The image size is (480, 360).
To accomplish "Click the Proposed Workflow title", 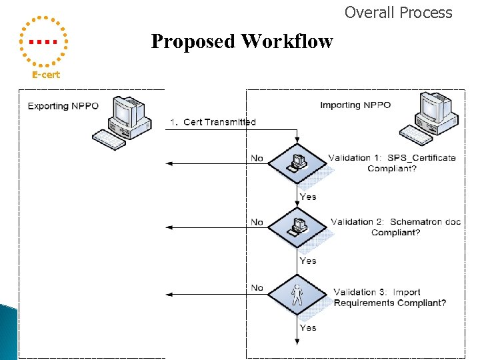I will coord(242,41).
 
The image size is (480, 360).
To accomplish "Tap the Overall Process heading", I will coord(398,13).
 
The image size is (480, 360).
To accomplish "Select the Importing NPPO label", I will coord(355,105).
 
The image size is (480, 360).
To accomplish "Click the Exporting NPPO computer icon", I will coord(121,121).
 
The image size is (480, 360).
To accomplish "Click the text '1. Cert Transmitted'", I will coord(212,122).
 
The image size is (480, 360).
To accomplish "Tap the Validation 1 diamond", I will coord(297,163).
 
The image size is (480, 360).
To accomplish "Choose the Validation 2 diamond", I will coord(297,227).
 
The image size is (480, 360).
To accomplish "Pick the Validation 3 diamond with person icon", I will coord(297,294).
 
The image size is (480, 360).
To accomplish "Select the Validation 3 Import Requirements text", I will coord(390,297).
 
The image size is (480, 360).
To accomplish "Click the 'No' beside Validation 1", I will coord(257,158).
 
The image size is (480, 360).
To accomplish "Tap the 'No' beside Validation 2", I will coord(257,222).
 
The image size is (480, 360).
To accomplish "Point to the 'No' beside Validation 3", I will coord(257,287).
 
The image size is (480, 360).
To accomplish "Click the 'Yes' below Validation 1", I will coord(308,197).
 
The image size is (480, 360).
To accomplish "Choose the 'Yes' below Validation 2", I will coord(308,261).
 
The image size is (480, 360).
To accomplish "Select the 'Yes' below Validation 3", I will coord(308,328).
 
